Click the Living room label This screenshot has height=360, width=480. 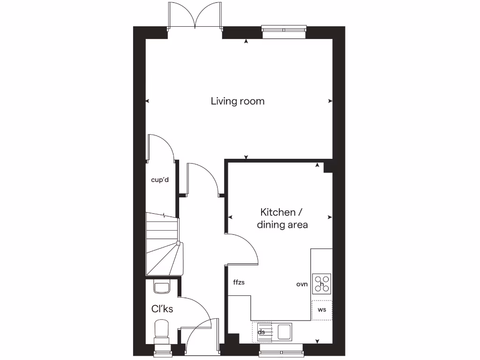237,101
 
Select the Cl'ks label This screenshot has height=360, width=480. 162,309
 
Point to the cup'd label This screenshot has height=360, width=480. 159,180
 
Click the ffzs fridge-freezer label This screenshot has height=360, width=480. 239,282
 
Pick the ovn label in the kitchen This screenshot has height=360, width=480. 301,284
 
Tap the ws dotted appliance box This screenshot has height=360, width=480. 322,310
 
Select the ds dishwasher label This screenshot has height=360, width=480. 262,332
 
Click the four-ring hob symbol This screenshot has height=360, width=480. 322,284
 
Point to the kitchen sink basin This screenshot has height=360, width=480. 285,332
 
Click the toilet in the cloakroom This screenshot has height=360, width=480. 162,330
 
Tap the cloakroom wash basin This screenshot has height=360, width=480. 162,287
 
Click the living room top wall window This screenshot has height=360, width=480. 284,32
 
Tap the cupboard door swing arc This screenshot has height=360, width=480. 162,148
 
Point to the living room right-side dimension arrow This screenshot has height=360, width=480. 330,101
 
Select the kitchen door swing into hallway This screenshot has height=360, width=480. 244,248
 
